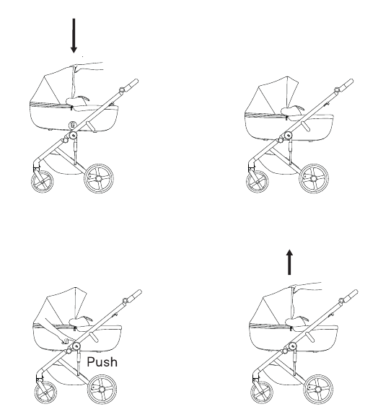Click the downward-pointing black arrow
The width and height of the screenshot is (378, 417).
click(x=74, y=35)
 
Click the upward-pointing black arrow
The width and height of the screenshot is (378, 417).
click(x=289, y=262)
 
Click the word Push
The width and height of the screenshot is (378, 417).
click(x=102, y=362)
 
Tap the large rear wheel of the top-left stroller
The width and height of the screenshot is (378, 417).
click(x=99, y=178)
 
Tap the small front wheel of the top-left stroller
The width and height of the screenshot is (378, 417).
click(x=42, y=182)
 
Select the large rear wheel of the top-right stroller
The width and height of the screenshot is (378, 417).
click(x=314, y=178)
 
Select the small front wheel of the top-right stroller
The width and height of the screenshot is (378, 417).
click(x=258, y=182)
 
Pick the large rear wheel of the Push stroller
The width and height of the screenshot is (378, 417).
click(x=102, y=389)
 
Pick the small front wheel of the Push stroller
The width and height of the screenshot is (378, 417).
click(x=45, y=392)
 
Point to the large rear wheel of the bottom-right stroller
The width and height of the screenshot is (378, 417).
click(x=318, y=389)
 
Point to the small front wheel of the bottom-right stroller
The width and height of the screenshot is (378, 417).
click(x=262, y=392)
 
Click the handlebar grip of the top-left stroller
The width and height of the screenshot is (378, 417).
click(x=132, y=84)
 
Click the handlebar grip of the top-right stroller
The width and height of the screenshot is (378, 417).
click(x=348, y=84)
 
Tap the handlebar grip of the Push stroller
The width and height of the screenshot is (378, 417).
click(x=136, y=294)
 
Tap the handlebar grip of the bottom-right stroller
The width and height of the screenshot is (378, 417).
click(x=352, y=294)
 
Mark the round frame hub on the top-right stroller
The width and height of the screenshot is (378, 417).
click(x=289, y=136)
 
